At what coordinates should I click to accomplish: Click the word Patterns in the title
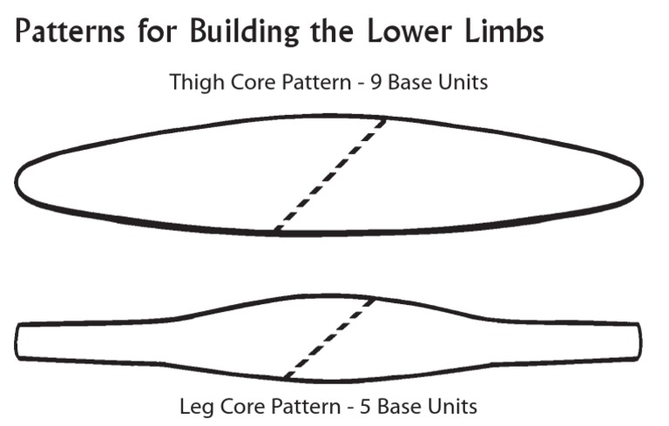pyautogui.click(x=69, y=32)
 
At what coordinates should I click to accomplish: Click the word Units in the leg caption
pyautogui.click(x=454, y=406)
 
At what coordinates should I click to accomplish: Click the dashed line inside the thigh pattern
pyautogui.click(x=330, y=174)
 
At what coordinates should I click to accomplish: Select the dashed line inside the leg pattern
pyautogui.click(x=330, y=338)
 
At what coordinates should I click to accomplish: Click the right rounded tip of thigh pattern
pyautogui.click(x=642, y=179)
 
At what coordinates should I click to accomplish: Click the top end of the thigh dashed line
pyautogui.click(x=385, y=119)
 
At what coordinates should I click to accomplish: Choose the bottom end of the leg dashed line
pyautogui.click(x=286, y=376)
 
